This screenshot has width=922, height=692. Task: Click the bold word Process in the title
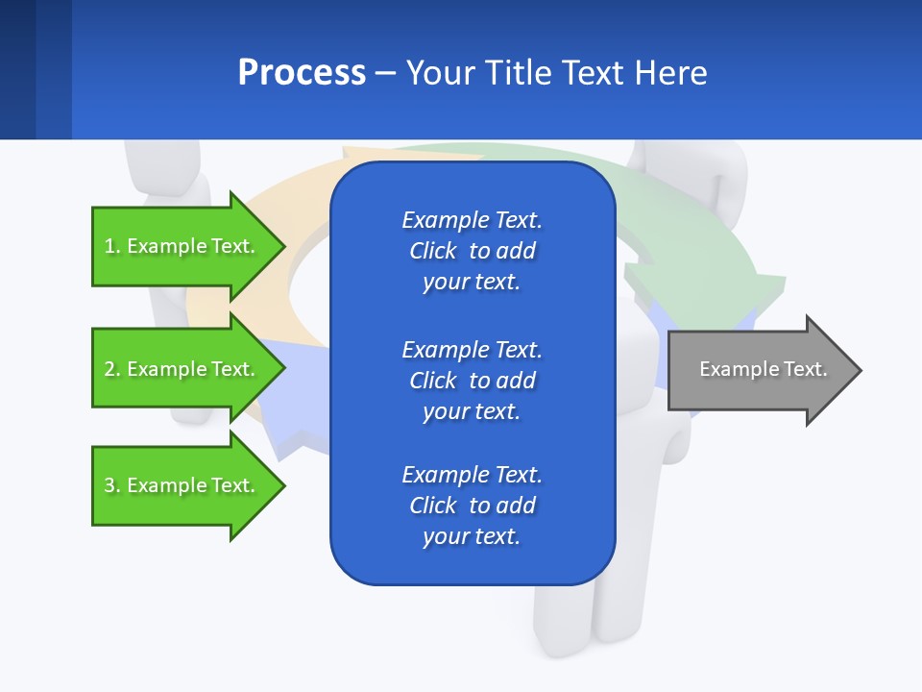pos(302,73)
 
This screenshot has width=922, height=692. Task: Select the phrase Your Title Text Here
pos(556,73)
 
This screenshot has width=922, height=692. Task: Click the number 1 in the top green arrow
pos(109,246)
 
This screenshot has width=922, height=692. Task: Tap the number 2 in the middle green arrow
pos(109,369)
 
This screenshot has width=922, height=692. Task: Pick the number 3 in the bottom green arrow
pos(109,485)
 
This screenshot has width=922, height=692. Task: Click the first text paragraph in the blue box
pos(472,251)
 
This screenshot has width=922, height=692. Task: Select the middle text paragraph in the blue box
pos(472,381)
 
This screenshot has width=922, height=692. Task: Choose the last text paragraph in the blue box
pos(472,506)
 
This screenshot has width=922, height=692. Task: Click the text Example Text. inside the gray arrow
pos(763,369)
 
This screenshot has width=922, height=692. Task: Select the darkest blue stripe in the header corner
pos(17,69)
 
